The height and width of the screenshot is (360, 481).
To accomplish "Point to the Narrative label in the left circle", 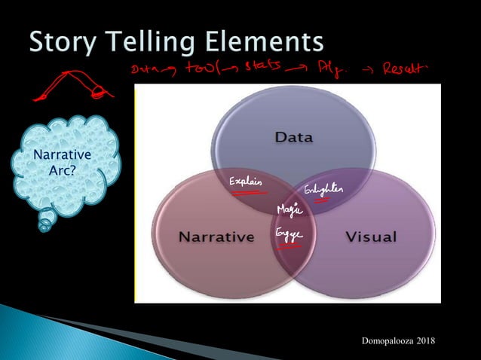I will (x=216, y=237).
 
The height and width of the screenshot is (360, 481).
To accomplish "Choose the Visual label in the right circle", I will (x=371, y=237).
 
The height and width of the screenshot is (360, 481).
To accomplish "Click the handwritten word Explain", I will (x=245, y=183).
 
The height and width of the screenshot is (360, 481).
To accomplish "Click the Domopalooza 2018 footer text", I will (x=400, y=343).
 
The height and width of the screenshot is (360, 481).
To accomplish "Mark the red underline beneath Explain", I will (x=243, y=193).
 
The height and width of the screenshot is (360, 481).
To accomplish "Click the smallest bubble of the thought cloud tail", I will (x=45, y=224).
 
